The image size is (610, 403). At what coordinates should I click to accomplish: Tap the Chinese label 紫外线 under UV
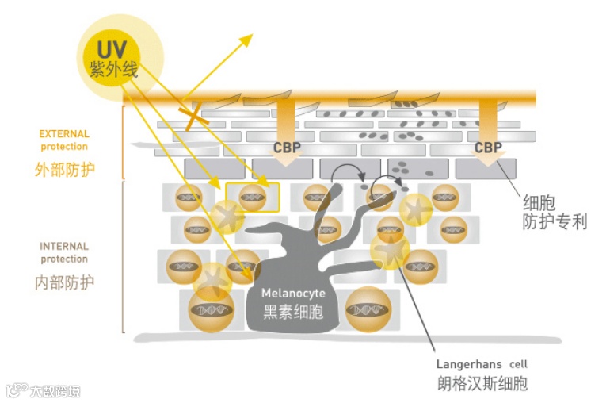(114, 70)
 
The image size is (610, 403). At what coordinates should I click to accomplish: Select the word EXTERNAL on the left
(64, 134)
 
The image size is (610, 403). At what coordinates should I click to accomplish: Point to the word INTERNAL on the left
(64, 246)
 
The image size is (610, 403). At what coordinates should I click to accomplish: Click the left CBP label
(288, 148)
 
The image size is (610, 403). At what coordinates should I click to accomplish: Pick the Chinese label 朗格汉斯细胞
(482, 384)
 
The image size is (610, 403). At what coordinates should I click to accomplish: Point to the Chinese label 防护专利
(555, 221)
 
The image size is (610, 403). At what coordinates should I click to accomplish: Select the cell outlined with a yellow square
(253, 198)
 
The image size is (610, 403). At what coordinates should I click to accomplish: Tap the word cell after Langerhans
(519, 364)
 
